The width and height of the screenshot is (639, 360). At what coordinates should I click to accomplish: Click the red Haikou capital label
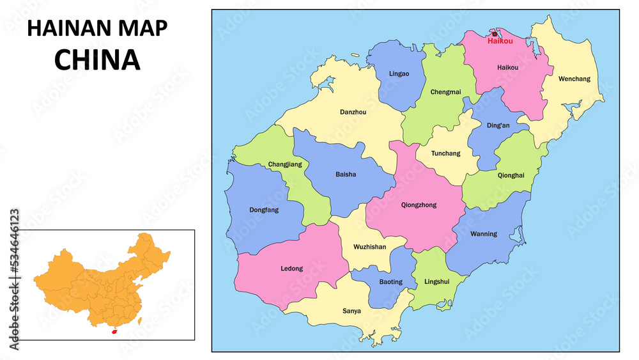pos(500,41)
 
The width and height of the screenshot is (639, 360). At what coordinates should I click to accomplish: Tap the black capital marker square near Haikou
pos(495,35)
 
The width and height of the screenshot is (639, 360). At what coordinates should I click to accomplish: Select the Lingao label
pos(399,74)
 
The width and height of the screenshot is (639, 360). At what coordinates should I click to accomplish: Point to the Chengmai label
pos(445,92)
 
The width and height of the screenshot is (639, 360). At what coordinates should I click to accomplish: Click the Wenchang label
pos(574,79)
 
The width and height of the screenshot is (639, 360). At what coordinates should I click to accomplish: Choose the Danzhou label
pos(353,112)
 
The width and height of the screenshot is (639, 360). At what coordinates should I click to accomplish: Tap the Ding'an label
pos(498,125)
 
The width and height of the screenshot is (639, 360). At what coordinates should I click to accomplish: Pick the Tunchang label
pos(445,153)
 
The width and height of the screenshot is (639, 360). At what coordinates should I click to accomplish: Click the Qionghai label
pos(511,175)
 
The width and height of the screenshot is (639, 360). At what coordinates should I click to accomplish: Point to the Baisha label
pos(346,174)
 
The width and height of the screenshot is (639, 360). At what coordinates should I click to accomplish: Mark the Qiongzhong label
pos(419,205)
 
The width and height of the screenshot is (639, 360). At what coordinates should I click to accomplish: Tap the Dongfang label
pos(264,210)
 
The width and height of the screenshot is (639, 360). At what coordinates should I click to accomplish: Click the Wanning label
pos(483,234)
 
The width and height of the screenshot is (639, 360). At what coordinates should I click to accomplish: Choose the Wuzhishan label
pos(370,247)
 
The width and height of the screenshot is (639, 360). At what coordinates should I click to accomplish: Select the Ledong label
pos(291,269)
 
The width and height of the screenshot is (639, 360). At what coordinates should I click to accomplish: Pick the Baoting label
pos(390,282)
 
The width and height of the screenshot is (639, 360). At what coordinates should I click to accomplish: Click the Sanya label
pos(351,311)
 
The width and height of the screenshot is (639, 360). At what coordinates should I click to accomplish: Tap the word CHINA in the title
pos(97,59)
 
